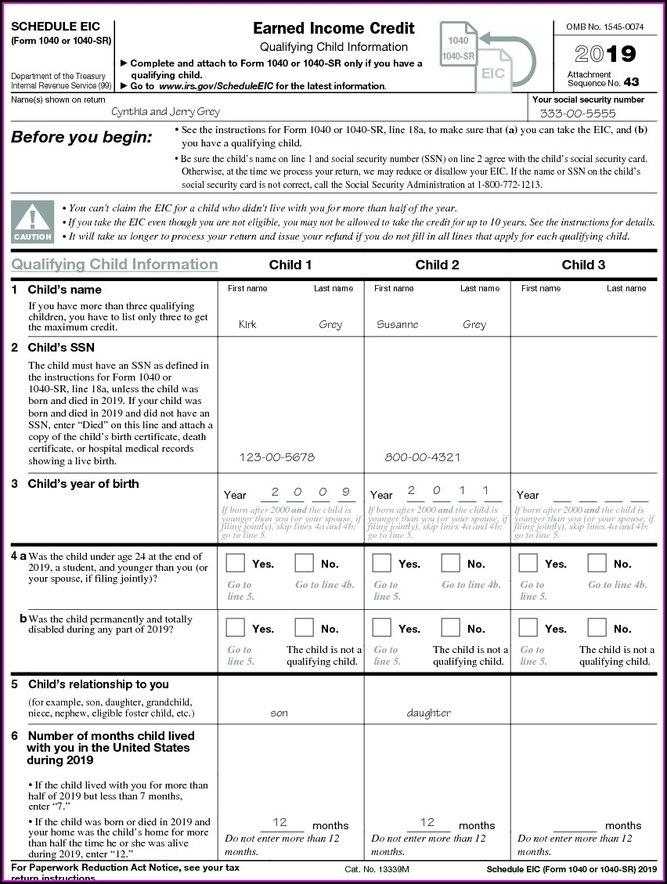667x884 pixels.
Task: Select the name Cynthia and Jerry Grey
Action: (165, 111)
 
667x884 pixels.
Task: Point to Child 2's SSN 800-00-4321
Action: (422, 457)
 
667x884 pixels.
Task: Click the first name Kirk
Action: (247, 324)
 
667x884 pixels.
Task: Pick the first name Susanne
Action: (397, 324)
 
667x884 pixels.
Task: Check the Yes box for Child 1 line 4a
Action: (235, 563)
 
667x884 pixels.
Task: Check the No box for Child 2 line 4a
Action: (450, 563)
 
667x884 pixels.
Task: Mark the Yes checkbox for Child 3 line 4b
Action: (528, 628)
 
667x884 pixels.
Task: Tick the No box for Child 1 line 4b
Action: (304, 628)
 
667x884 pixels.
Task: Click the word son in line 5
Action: (279, 713)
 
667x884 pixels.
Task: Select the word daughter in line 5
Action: (428, 713)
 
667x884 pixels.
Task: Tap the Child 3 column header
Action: (583, 265)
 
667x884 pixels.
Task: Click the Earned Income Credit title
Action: (333, 28)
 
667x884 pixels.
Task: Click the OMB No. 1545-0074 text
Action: (604, 27)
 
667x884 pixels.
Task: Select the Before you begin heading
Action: (81, 138)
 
